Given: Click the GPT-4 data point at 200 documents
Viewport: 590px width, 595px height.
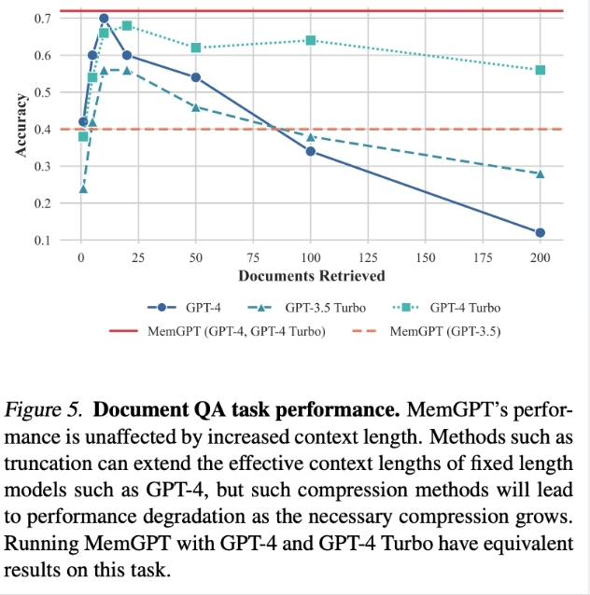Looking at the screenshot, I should click(x=541, y=232).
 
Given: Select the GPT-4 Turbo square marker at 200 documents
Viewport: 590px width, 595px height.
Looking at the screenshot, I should click(x=541, y=70).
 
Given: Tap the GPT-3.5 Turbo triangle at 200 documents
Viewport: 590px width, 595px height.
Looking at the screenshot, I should click(x=541, y=173).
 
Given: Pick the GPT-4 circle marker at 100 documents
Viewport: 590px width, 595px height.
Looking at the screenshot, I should click(x=311, y=151).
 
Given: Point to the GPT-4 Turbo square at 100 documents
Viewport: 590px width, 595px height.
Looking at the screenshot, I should click(x=311, y=40).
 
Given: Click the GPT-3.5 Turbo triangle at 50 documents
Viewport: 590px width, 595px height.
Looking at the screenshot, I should click(x=196, y=107).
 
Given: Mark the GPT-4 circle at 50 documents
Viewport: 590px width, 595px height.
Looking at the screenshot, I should click(x=196, y=77).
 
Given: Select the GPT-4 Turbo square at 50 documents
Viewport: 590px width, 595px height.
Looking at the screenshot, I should click(x=196, y=48).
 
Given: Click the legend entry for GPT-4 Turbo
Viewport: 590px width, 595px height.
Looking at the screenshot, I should click(x=466, y=307).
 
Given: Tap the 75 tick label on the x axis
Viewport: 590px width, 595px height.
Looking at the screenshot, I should click(x=254, y=256).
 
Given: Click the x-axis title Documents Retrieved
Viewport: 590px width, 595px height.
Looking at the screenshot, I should click(x=311, y=275).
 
